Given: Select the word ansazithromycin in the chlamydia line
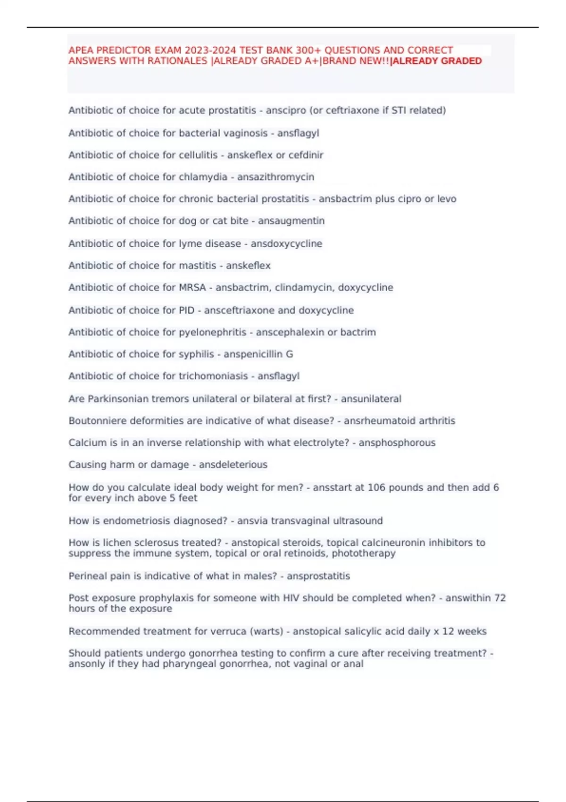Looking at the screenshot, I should [275, 177].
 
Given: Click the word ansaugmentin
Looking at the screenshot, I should [291, 221].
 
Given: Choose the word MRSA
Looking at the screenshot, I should [192, 287].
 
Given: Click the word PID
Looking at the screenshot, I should [186, 310].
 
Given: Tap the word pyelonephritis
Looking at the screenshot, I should [212, 332].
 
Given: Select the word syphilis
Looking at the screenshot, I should [196, 354].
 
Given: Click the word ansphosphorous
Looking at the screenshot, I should [397, 443].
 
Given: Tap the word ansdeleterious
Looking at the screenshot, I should [233, 464].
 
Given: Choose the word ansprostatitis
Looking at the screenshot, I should [318, 576].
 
